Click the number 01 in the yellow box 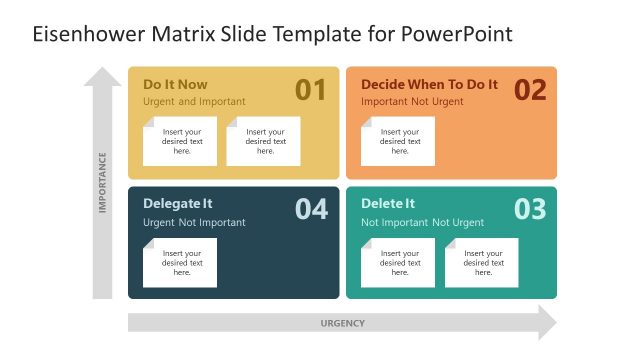[311, 90]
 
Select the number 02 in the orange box [530, 90]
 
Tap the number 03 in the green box [530, 209]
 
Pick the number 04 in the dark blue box [311, 209]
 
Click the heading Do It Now [175, 84]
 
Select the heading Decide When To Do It [429, 84]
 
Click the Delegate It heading [178, 203]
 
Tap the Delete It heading [388, 203]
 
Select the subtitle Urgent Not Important [194, 222]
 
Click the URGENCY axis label [342, 323]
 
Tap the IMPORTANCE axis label [102, 182]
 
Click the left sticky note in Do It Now [181, 141]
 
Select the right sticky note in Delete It [482, 263]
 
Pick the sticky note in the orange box [398, 141]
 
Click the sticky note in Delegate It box [180, 263]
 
